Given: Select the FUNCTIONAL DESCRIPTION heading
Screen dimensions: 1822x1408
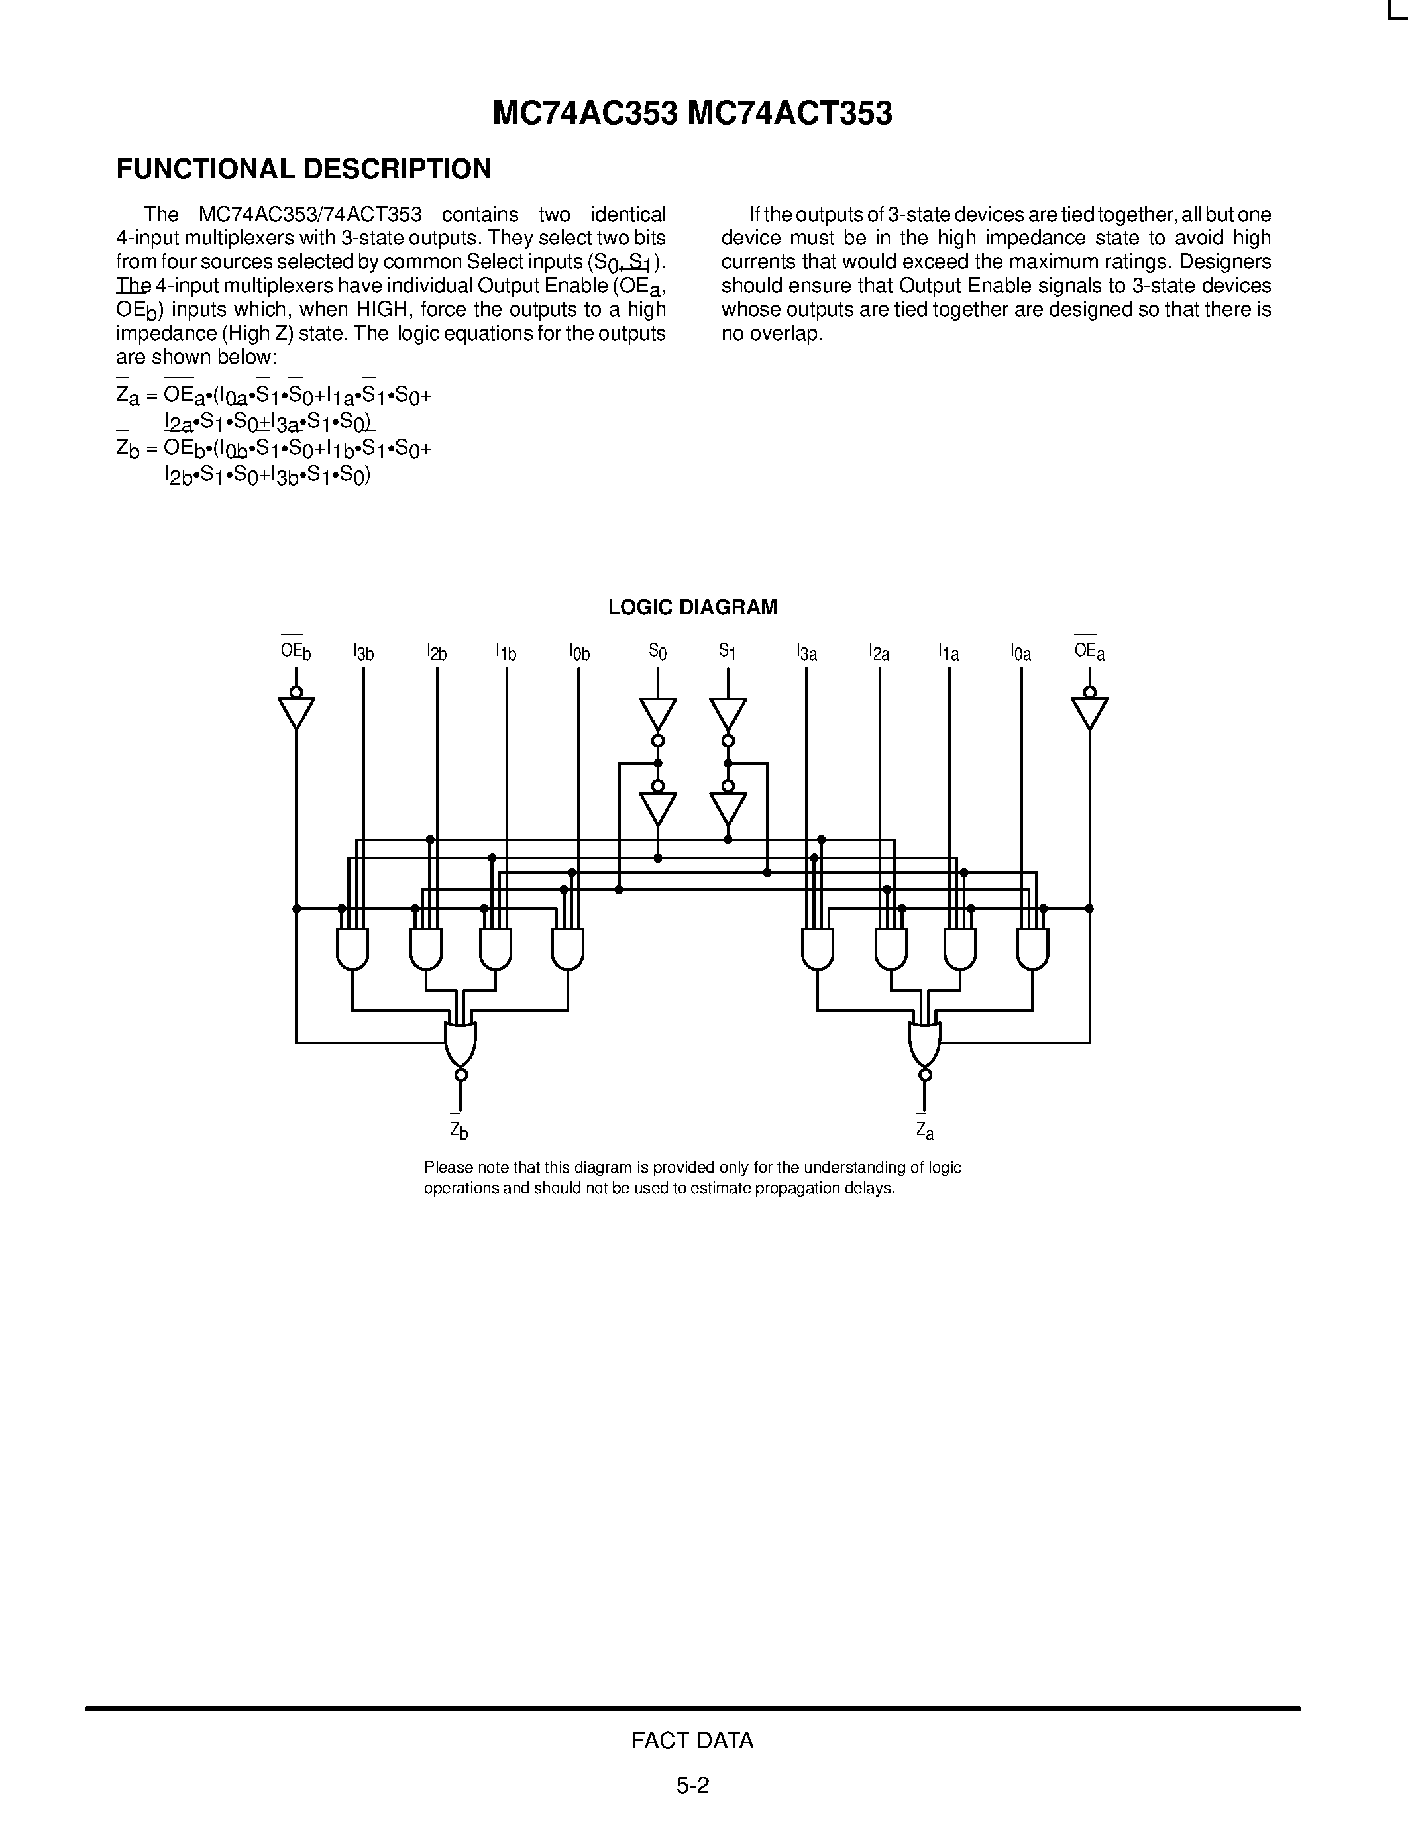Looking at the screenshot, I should (x=303, y=170).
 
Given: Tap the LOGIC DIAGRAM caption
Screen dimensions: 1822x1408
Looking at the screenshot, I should (x=692, y=608).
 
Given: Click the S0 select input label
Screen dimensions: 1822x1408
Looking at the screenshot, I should (x=657, y=651).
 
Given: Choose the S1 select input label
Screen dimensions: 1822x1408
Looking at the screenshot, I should (x=728, y=651).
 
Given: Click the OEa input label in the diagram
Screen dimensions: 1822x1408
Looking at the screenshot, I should (x=1089, y=651).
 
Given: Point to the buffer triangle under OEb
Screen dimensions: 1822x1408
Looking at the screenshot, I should (x=296, y=712).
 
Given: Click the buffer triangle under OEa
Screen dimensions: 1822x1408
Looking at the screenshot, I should (x=1089, y=712).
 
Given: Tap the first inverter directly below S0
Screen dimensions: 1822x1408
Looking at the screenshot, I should (x=657, y=714).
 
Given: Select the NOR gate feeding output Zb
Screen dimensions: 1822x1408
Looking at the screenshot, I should (x=460, y=1044).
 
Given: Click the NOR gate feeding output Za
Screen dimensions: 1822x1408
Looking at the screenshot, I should (x=924, y=1044).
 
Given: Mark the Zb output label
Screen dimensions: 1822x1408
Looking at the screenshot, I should (x=459, y=1130).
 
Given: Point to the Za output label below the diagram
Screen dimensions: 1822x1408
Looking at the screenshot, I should (x=924, y=1130).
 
